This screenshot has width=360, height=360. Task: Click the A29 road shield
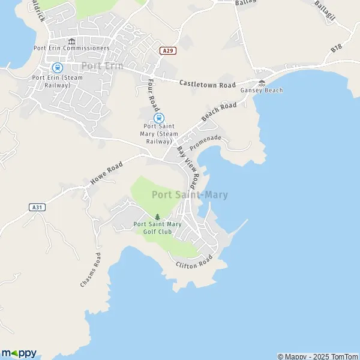click(x=168, y=51)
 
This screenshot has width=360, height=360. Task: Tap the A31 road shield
click(x=37, y=207)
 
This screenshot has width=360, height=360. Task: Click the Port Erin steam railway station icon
click(x=58, y=68)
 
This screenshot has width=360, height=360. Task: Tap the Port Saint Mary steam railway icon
click(x=160, y=118)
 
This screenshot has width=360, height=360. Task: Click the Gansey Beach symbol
click(x=262, y=83)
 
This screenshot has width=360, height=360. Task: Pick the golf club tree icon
click(x=158, y=217)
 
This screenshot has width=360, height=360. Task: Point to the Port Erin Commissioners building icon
click(x=71, y=41)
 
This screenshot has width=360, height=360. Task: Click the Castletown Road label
click(x=208, y=85)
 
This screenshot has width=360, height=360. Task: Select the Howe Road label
click(x=106, y=172)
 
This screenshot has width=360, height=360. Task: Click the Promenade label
click(x=205, y=142)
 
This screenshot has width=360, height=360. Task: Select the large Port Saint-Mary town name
click(x=190, y=194)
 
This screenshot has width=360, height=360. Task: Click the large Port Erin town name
click(x=102, y=66)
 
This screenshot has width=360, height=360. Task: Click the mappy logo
click(x=19, y=353)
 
